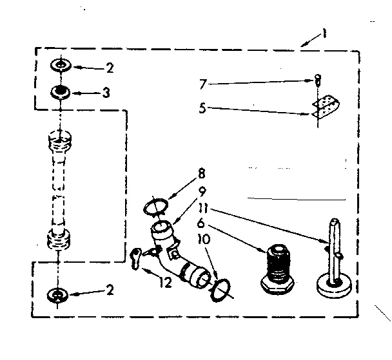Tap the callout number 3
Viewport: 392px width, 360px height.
[x=106, y=93]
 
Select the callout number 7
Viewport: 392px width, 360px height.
[x=204, y=83]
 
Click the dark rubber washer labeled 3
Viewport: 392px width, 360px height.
[x=61, y=91]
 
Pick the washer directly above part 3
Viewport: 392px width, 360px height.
[x=61, y=66]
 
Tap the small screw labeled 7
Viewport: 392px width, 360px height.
[x=317, y=81]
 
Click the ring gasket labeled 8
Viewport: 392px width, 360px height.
[x=155, y=207]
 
